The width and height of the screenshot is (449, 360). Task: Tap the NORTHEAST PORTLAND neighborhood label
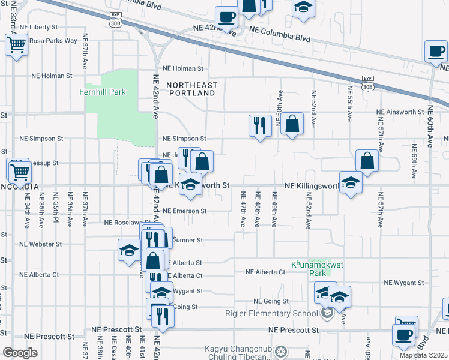pos(190,89)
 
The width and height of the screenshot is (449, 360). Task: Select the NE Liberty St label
pos(38,27)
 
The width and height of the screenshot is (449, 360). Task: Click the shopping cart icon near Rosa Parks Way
pos(16,44)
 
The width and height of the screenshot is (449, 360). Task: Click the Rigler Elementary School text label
pos(271,313)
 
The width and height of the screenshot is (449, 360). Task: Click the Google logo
pos(20,353)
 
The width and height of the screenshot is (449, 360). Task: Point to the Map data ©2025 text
pos(423,355)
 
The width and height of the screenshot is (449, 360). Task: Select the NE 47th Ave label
pos(244,208)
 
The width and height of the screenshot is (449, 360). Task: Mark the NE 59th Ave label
pos(414,162)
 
